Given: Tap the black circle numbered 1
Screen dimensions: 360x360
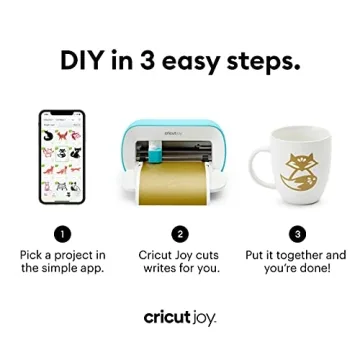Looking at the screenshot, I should (x=62, y=233).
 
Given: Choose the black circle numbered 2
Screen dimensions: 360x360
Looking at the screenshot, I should (x=180, y=233).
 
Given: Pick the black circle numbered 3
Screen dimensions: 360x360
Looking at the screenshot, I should (x=297, y=233).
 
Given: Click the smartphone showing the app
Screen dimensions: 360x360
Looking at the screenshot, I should (x=62, y=157).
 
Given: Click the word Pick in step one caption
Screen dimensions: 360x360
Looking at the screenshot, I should (x=33, y=255).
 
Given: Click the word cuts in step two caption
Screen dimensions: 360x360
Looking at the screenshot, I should (x=206, y=255).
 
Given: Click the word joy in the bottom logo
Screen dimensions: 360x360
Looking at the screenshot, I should (x=205, y=318).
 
